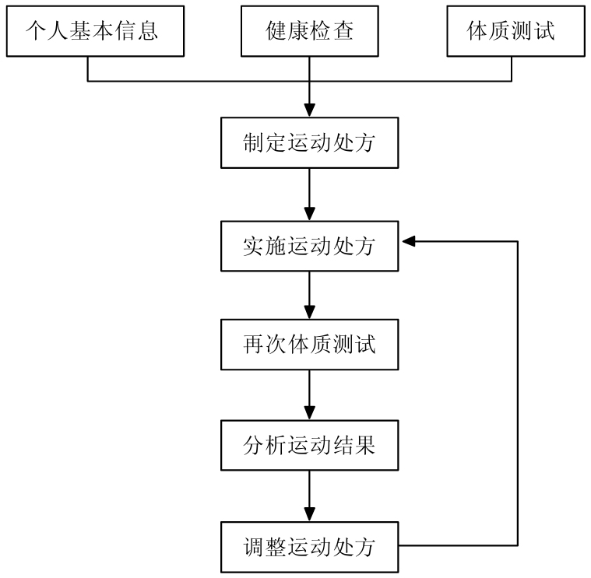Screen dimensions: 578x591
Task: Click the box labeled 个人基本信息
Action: point(93,32)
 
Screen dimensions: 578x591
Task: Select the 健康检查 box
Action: point(309,32)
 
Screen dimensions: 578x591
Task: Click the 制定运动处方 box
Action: point(309,143)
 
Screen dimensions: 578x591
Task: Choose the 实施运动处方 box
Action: point(309,247)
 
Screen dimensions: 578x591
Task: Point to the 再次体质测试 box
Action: point(309,344)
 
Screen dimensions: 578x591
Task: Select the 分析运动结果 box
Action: point(309,446)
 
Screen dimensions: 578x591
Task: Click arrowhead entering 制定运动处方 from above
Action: point(309,110)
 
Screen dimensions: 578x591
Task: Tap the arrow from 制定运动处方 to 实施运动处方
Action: point(309,194)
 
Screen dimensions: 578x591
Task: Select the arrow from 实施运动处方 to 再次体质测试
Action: point(309,295)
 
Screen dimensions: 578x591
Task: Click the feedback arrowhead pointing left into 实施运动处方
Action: point(409,242)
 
